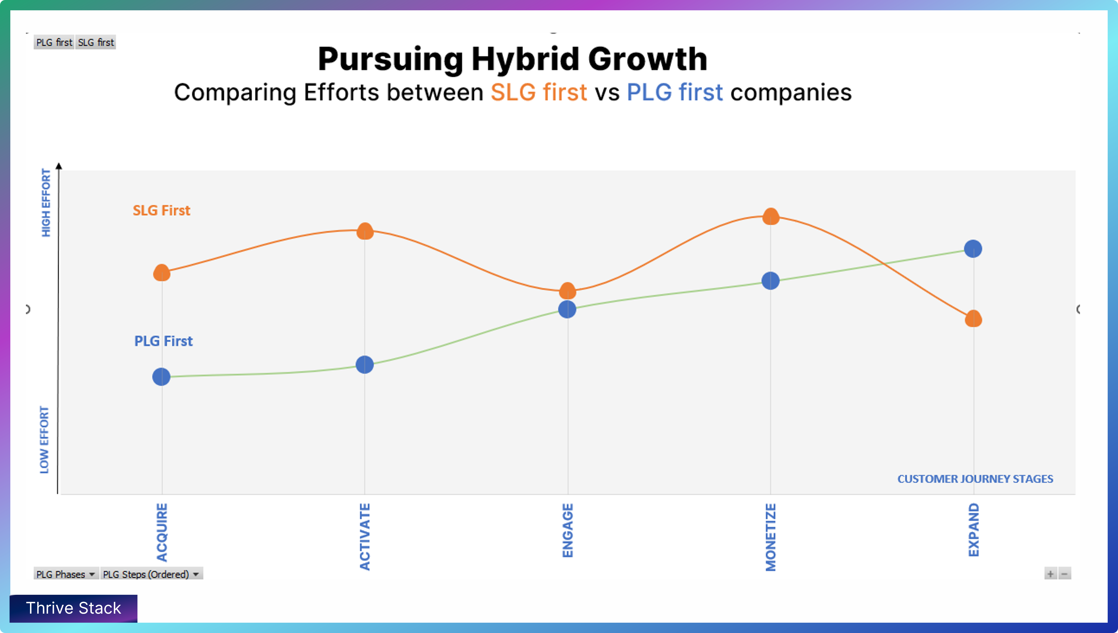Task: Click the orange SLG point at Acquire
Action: [162, 273]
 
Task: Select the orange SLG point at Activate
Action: [365, 231]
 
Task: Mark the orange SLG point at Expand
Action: [973, 319]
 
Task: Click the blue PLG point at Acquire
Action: [161, 376]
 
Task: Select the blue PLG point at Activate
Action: [365, 364]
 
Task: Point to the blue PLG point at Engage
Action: [567, 309]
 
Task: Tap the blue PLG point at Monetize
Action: [770, 281]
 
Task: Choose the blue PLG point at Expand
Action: [973, 249]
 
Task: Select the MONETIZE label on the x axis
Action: [770, 537]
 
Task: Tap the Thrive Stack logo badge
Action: [74, 608]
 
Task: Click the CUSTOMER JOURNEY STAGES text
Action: [975, 479]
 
